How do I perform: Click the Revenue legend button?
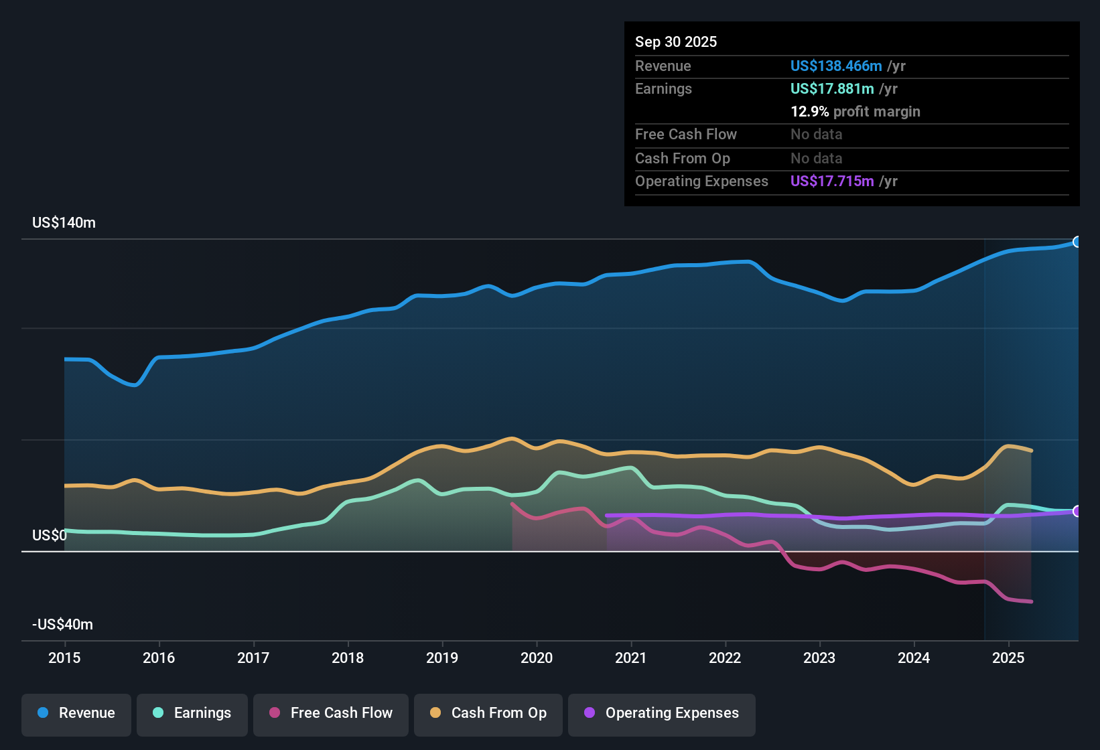pyautogui.click(x=76, y=713)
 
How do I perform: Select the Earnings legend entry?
pyautogui.click(x=192, y=713)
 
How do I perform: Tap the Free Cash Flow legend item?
pyautogui.click(x=331, y=713)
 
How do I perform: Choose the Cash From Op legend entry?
pyautogui.click(x=488, y=713)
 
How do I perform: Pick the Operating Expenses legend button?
pyautogui.click(x=662, y=713)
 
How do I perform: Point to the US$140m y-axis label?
pyautogui.click(x=64, y=223)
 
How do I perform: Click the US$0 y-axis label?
pyautogui.click(x=50, y=536)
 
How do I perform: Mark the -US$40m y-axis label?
pyautogui.click(x=62, y=625)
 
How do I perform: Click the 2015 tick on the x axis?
pyautogui.click(x=64, y=658)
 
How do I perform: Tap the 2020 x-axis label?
pyautogui.click(x=537, y=658)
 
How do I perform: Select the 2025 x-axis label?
pyautogui.click(x=1008, y=658)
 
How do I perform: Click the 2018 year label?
pyautogui.click(x=348, y=658)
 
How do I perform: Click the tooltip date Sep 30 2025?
pyautogui.click(x=676, y=42)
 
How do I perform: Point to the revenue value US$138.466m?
pyautogui.click(x=836, y=66)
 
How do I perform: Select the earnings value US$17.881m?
pyautogui.click(x=832, y=89)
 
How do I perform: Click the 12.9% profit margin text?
pyautogui.click(x=855, y=112)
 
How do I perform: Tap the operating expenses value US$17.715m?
pyautogui.click(x=832, y=181)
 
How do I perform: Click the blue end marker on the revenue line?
pyautogui.click(x=1077, y=242)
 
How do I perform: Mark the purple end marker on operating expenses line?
pyautogui.click(x=1077, y=512)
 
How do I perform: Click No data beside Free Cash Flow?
pyautogui.click(x=816, y=135)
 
